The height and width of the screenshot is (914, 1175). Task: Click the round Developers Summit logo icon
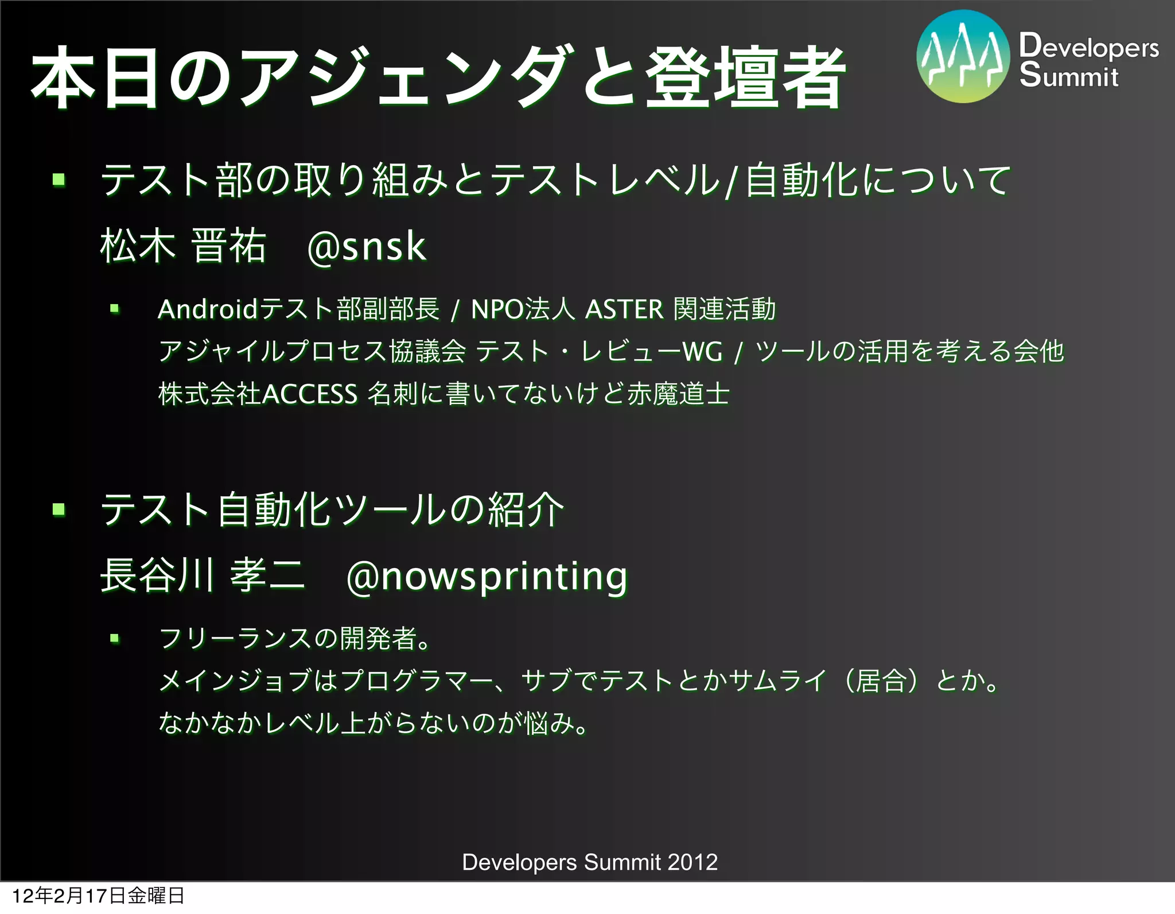pyautogui.click(x=963, y=56)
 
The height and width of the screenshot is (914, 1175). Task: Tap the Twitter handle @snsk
pyautogui.click(x=367, y=247)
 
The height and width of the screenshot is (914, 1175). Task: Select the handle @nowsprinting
pyautogui.click(x=487, y=576)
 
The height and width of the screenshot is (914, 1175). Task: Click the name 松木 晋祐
pyautogui.click(x=183, y=247)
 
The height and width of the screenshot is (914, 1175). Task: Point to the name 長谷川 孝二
pyautogui.click(x=202, y=575)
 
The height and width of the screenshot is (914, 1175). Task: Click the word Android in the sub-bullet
pyautogui.click(x=208, y=310)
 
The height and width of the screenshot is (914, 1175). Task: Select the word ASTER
pyautogui.click(x=624, y=310)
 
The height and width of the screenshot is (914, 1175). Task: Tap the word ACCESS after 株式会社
pyautogui.click(x=310, y=394)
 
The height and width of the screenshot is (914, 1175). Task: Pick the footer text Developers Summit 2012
pyautogui.click(x=590, y=862)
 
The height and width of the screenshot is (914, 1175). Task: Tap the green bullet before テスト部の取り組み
pyautogui.click(x=59, y=180)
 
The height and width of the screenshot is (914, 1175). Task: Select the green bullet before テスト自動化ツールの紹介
pyautogui.click(x=59, y=509)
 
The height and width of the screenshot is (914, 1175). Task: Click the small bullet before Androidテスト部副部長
pyautogui.click(x=115, y=309)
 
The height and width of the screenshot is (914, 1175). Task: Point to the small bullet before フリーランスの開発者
pyautogui.click(x=115, y=637)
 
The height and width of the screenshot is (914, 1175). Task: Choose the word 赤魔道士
pyautogui.click(x=678, y=394)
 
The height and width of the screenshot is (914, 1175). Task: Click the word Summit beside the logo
pyautogui.click(x=1069, y=76)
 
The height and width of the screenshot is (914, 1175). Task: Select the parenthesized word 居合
pyautogui.click(x=880, y=681)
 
